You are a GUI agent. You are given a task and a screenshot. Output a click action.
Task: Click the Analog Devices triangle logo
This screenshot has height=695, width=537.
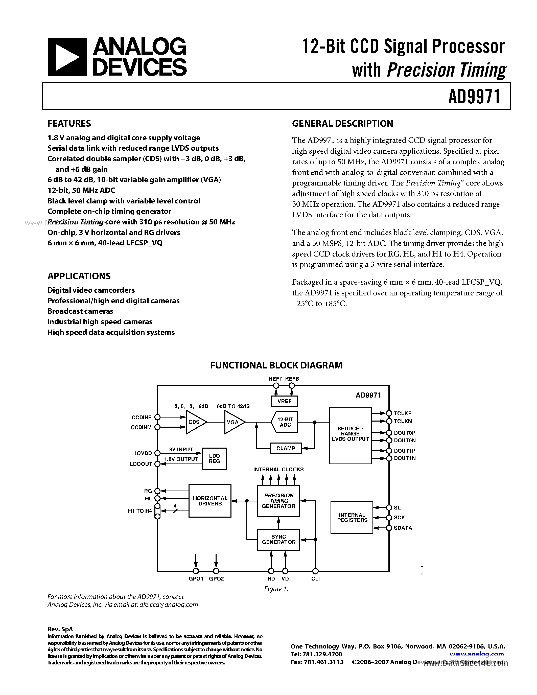[x=67, y=57]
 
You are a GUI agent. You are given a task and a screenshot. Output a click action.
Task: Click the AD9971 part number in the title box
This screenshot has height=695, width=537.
[x=474, y=97]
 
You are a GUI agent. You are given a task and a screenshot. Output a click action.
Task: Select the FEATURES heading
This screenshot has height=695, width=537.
[x=69, y=124]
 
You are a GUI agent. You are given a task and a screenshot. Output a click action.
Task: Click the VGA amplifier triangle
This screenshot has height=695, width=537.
[x=234, y=422]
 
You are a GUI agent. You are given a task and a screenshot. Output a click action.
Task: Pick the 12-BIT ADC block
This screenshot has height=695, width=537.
[x=285, y=422]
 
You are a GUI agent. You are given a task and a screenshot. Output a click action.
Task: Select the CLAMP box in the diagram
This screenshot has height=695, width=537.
[x=285, y=448]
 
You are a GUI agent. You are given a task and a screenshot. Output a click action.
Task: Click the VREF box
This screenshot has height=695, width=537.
[x=284, y=401]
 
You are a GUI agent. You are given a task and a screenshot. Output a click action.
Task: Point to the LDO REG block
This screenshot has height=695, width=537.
[x=214, y=458]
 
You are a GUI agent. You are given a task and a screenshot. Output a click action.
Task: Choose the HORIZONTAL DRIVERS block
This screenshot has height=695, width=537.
[x=210, y=501]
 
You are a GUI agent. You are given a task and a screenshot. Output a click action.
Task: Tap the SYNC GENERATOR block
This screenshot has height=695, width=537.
[x=278, y=539]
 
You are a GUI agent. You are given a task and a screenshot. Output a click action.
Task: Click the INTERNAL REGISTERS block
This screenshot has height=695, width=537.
[x=352, y=517]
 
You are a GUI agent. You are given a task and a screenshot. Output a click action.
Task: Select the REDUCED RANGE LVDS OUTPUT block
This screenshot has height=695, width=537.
[x=350, y=436]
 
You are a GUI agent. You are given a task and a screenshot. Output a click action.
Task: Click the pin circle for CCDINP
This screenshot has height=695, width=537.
[x=157, y=417]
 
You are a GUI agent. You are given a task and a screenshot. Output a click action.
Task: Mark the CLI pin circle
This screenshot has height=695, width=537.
[x=315, y=571]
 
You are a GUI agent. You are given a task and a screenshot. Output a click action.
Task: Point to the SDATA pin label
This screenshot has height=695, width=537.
[x=403, y=528]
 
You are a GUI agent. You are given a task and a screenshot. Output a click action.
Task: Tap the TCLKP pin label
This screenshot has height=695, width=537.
[x=402, y=413]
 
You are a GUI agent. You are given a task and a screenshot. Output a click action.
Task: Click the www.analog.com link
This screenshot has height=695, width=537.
[x=477, y=654]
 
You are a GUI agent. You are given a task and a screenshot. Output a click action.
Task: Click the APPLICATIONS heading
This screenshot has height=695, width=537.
[x=79, y=276]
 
